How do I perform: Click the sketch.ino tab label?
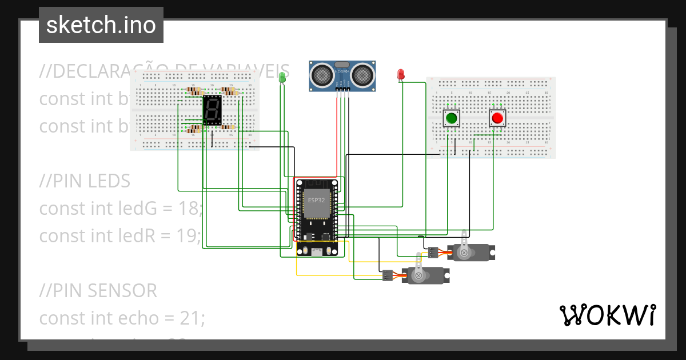tap(101, 25)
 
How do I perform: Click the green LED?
tap(282, 77)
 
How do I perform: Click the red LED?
tap(401, 74)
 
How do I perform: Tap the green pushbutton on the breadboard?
tap(452, 119)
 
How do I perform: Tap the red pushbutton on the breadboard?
tap(497, 119)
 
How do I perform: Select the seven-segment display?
tap(212, 110)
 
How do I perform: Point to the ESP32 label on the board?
tap(316, 201)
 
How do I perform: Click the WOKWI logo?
tap(607, 315)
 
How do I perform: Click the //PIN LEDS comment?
tap(85, 181)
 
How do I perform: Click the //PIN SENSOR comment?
tap(98, 291)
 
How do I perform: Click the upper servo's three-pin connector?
tap(433, 252)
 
